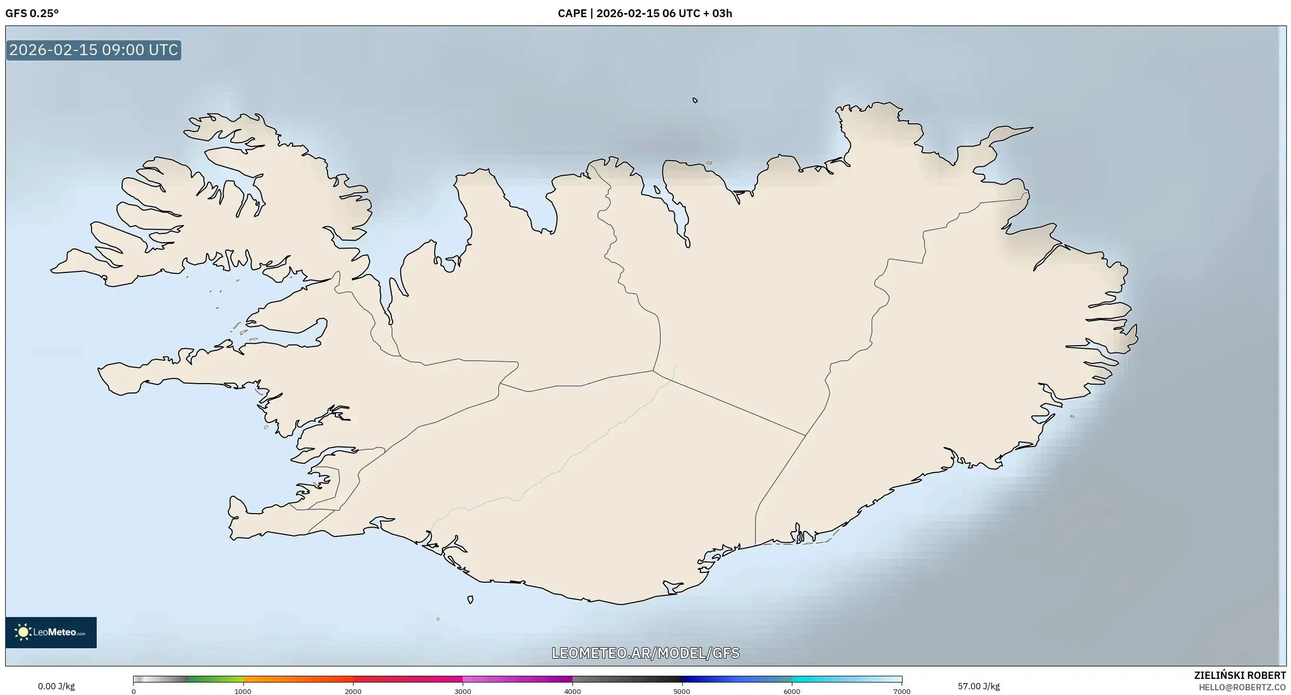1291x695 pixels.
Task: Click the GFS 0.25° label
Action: tap(32, 14)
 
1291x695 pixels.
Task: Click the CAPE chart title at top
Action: tap(645, 14)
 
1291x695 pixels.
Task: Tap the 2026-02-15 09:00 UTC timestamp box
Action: tap(94, 50)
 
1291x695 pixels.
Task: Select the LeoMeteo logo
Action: tap(51, 632)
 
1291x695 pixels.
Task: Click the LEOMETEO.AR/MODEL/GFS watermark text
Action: tap(645, 653)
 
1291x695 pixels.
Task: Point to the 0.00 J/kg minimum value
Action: tap(56, 686)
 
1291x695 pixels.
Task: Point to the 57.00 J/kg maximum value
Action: tap(979, 686)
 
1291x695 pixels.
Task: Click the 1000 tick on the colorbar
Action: tap(243, 691)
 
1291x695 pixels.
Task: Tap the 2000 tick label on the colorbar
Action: tap(353, 691)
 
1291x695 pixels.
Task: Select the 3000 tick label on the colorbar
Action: tap(463, 691)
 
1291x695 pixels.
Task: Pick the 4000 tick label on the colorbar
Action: tap(572, 691)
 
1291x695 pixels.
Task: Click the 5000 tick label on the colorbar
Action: tap(682, 691)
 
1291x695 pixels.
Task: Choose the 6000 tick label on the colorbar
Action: tap(792, 691)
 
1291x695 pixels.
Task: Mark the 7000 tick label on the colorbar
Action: tap(902, 691)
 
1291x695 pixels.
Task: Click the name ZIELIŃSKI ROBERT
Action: tap(1240, 675)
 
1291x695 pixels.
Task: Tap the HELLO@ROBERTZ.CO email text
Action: tap(1242, 687)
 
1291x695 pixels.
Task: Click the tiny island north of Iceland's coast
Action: tap(695, 100)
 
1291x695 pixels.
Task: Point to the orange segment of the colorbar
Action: tap(291, 679)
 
